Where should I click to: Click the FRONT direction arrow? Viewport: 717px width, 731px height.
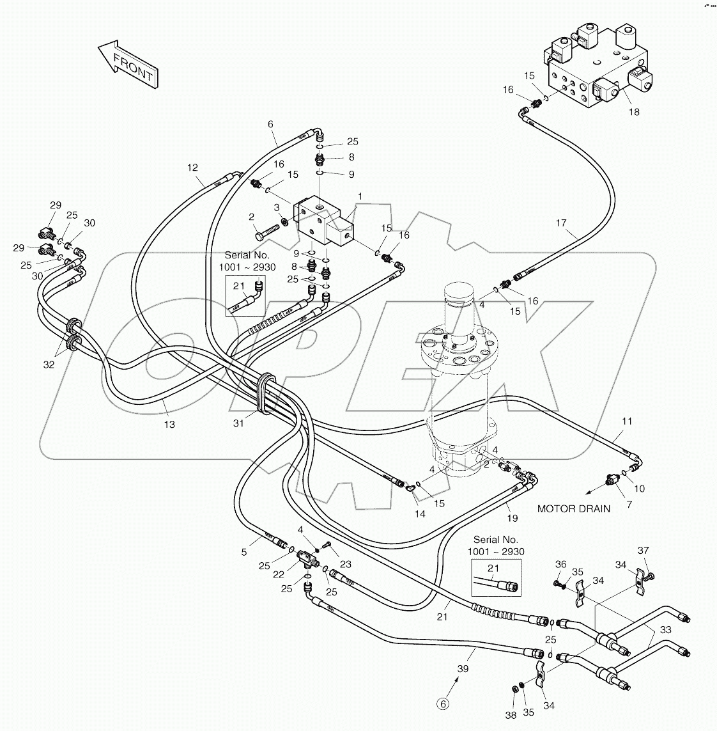[x=128, y=65]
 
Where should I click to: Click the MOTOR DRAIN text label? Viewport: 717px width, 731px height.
[x=573, y=509]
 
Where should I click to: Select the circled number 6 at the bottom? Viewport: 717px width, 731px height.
[x=443, y=704]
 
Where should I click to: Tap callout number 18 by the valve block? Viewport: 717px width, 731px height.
[x=633, y=112]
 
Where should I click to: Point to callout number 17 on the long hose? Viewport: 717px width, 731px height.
[x=561, y=223]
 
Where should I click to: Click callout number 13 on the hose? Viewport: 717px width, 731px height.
[x=169, y=424]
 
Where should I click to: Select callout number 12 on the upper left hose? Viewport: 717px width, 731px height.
[x=192, y=168]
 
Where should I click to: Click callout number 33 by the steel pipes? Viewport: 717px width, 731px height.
[x=666, y=630]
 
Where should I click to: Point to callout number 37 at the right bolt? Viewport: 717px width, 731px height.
[x=644, y=551]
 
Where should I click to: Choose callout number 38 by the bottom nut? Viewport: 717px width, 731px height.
[x=511, y=716]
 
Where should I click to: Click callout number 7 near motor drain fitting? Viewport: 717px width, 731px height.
[x=628, y=505]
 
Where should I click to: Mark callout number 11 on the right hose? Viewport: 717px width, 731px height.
[x=627, y=421]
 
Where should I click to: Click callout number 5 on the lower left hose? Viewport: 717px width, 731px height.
[x=243, y=553]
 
